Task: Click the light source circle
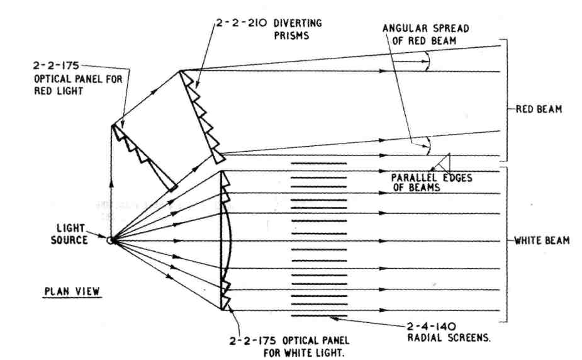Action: click(110, 240)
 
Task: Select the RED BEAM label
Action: click(539, 109)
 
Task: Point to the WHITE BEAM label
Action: click(542, 240)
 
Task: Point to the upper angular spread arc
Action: click(428, 60)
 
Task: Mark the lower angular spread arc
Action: click(428, 144)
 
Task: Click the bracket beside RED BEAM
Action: click(504, 101)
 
